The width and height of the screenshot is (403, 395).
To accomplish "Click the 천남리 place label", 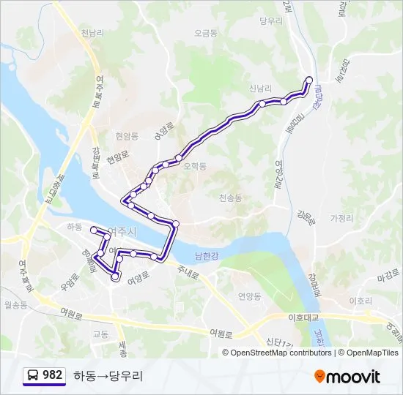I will point(94,33).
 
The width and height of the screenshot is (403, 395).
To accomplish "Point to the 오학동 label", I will point(195,166).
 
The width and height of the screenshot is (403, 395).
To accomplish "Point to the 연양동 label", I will point(249,296).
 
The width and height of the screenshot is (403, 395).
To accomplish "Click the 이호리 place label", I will point(361,301).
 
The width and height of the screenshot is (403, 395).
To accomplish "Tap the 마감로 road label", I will point(385,276).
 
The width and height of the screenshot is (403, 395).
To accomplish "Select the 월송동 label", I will point(15,304).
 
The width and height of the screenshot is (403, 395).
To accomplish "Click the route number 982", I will point(53,375).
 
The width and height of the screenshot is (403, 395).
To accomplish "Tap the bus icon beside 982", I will point(33,375).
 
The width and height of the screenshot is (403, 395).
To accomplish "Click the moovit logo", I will point(347,376).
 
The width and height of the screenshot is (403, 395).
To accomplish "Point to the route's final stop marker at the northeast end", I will point(309,80).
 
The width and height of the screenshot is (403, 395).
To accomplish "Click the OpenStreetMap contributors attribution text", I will point(281,353).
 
